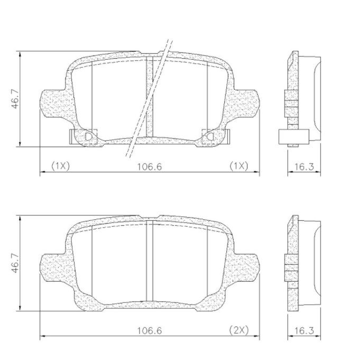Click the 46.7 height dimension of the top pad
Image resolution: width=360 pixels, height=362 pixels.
pos(16,99)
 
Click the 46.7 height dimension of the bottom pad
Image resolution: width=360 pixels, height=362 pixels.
pos(16,263)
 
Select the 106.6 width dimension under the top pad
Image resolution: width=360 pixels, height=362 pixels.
pos(150,166)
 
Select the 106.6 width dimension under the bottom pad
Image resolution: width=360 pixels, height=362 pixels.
pos(150,331)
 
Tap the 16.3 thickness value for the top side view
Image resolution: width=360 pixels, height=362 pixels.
pos(304,166)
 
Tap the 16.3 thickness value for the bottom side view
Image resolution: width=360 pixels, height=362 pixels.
pos(304,331)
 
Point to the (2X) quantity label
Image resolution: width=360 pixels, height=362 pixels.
pos(239,330)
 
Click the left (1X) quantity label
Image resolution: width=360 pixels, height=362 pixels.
pos(60,166)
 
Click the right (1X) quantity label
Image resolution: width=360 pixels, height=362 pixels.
pos(239,166)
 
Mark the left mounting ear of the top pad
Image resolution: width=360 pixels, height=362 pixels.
pos(53,103)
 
